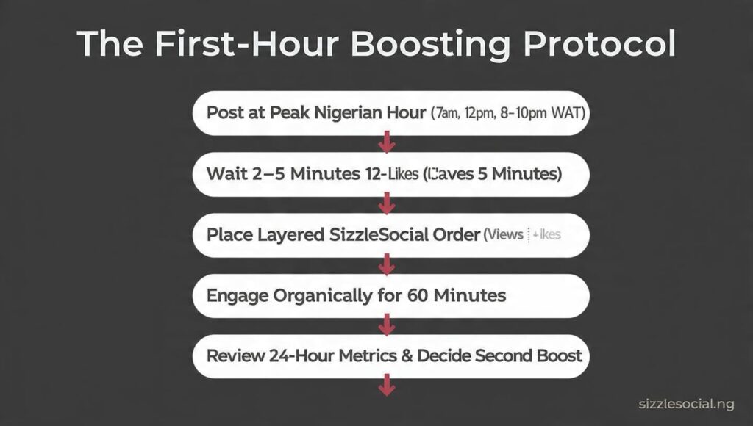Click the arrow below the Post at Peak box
387,142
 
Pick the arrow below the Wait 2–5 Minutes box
387,203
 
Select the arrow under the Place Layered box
387,263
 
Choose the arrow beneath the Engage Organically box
387,324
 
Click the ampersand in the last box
405,356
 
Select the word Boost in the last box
557,356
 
